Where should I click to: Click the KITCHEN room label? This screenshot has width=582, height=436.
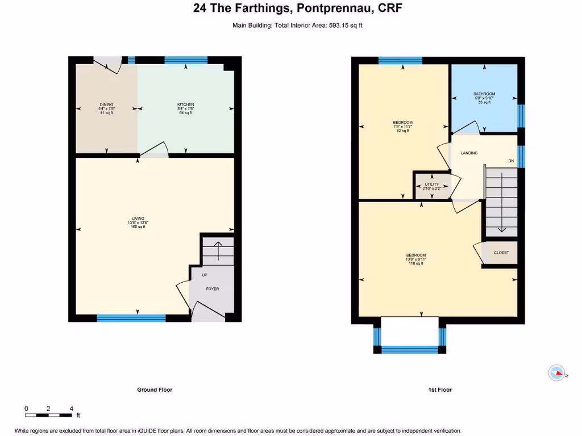coord(186,104)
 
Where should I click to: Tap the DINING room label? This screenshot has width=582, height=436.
coord(106,104)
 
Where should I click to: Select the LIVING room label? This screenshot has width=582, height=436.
coord(138,219)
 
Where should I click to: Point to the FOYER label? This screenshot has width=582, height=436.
coord(212,289)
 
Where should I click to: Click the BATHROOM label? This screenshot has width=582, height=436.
coord(484,94)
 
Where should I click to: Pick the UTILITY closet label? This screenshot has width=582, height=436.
coord(432,185)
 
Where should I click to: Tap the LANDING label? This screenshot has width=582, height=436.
coord(469,153)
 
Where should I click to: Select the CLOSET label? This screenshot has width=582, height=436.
coord(501,253)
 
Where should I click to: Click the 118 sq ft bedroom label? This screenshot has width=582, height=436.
coord(416,255)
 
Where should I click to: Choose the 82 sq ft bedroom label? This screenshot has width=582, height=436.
coord(402,123)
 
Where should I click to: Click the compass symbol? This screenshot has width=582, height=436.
coord(557,373)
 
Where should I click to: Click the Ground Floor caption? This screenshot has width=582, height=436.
coord(155,389)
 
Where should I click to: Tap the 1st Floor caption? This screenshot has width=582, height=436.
coord(439,389)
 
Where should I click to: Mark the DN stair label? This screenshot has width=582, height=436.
coord(511,161)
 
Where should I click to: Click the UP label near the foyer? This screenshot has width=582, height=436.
coord(204,275)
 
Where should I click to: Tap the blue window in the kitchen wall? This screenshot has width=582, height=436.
coord(186,59)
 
